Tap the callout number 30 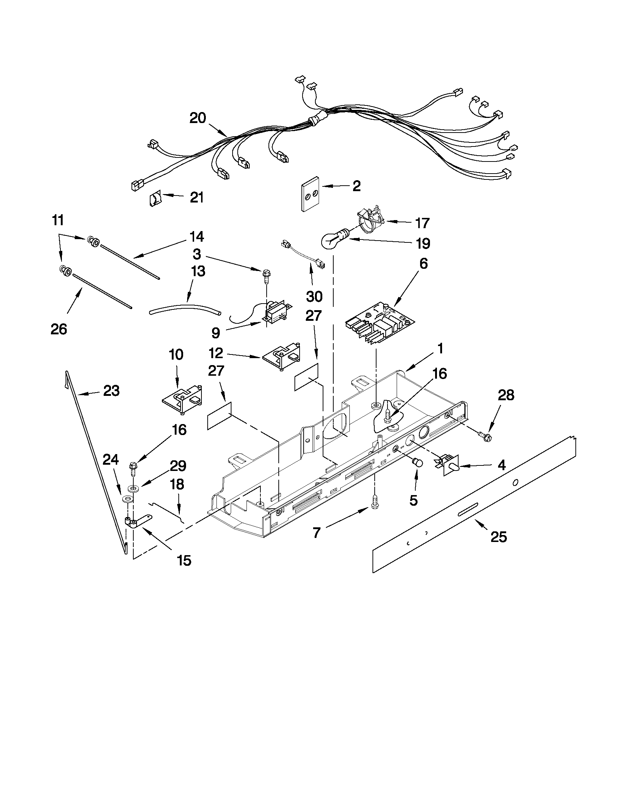pos(314,296)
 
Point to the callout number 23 pos(111,390)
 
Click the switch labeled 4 pos(450,467)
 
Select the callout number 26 pos(59,329)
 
